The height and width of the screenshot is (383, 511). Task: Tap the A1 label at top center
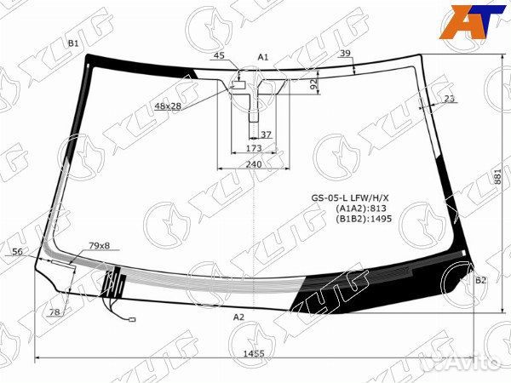point(263,57)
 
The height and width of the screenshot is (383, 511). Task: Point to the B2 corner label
point(479,280)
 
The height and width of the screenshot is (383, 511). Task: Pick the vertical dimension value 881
point(497,176)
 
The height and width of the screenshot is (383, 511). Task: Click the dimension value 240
point(254,164)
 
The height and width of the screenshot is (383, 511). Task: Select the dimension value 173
point(253,148)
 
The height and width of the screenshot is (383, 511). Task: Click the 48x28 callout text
point(168,106)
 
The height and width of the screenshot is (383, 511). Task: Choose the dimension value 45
point(219,55)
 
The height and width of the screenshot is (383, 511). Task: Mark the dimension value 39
point(345,54)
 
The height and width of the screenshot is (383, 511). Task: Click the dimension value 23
point(449,99)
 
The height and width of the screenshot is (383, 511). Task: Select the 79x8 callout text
point(100,246)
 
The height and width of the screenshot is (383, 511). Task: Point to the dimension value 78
point(55,312)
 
